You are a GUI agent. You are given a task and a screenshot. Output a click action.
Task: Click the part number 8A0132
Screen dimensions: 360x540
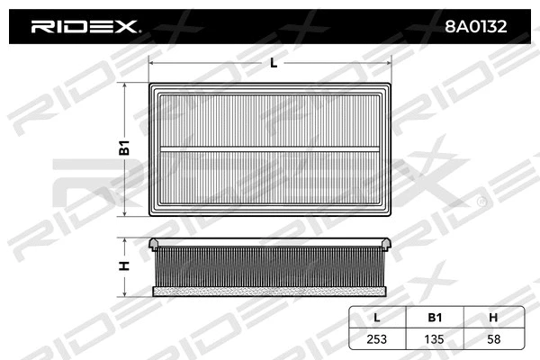pyautogui.click(x=474, y=27)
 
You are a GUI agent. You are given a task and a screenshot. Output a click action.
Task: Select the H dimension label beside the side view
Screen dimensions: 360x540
pyautogui.click(x=126, y=265)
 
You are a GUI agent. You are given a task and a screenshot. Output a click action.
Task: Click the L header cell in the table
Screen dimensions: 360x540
pyautogui.click(x=376, y=317)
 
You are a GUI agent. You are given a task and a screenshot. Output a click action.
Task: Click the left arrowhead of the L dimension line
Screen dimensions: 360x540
pyautogui.click(x=151, y=63)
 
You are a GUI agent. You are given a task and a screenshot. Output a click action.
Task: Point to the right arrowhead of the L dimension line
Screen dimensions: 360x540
pyautogui.click(x=392, y=63)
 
